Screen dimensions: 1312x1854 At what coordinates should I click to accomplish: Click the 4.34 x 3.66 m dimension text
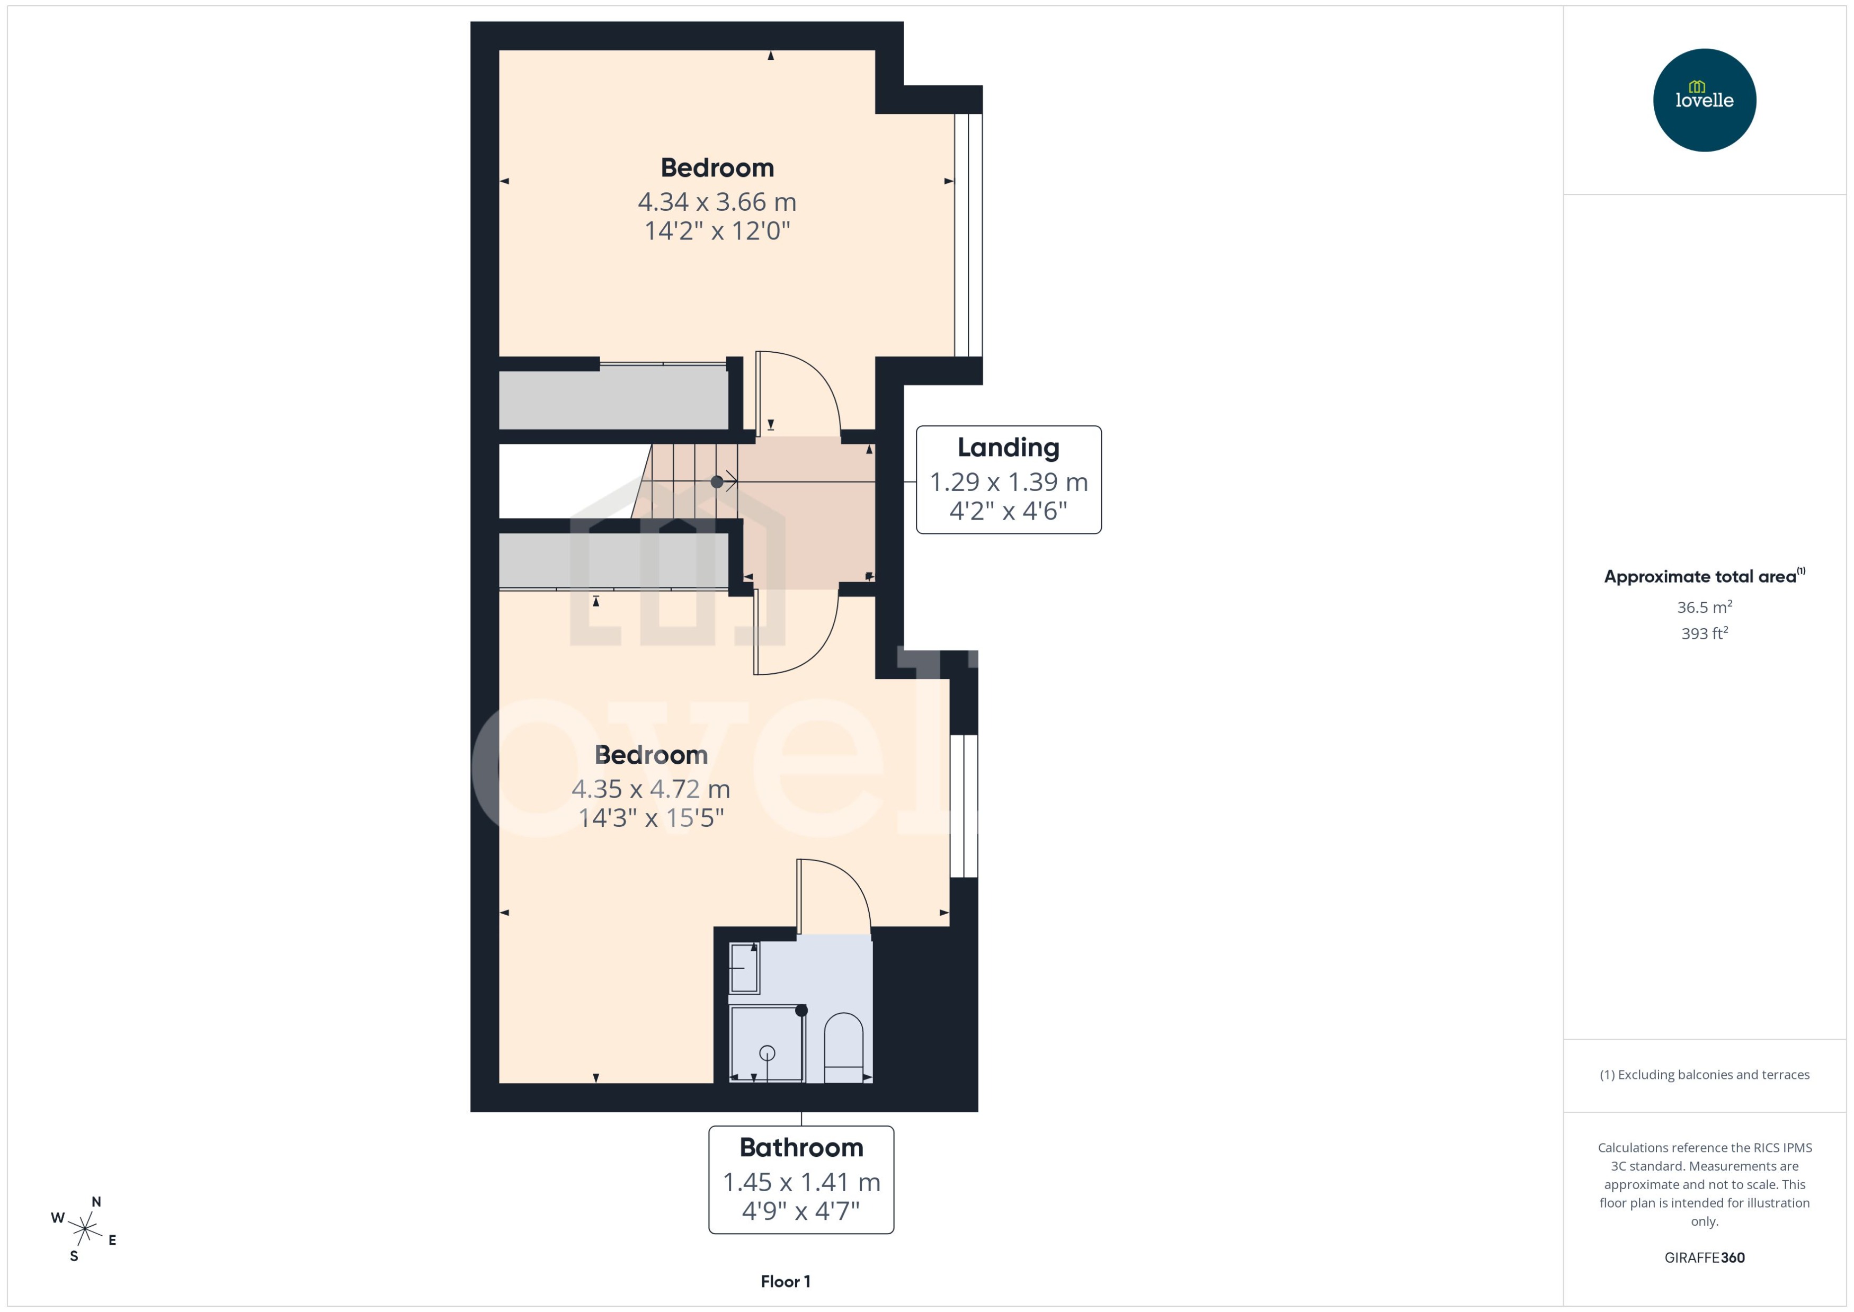(x=717, y=201)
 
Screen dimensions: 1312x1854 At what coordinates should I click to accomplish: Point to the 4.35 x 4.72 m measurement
(x=650, y=789)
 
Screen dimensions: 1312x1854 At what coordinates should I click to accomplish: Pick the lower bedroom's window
(x=963, y=806)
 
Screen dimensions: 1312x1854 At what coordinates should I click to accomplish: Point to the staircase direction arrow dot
(x=717, y=481)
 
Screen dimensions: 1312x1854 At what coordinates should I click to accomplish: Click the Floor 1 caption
(x=785, y=1281)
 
